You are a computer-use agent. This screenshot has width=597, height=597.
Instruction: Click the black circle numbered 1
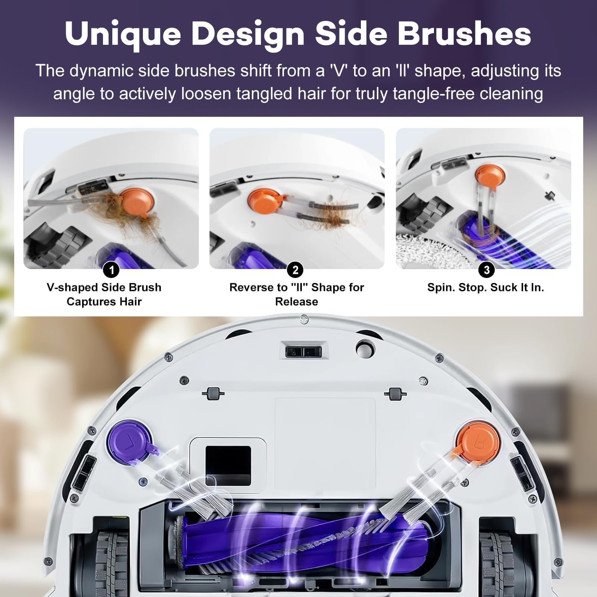(x=111, y=269)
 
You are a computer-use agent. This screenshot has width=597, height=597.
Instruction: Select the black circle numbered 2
(x=296, y=269)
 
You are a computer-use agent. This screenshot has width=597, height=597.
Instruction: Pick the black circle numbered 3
(x=486, y=269)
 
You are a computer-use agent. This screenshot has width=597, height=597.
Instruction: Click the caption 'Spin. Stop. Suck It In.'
(x=485, y=287)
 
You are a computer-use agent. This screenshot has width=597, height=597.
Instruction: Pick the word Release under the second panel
(x=297, y=301)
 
